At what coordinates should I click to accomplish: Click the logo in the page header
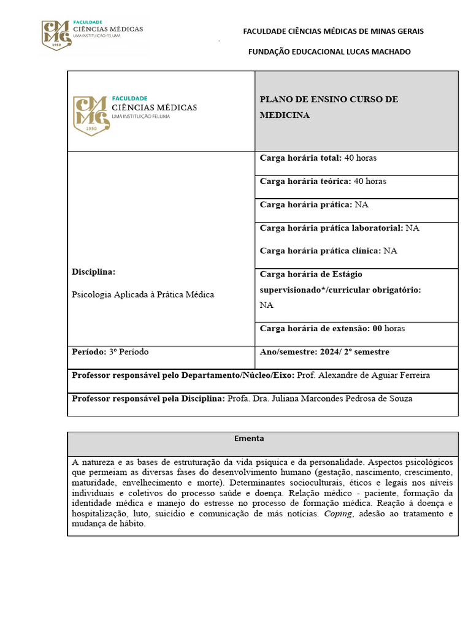(92, 34)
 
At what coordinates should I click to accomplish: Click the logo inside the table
(135, 114)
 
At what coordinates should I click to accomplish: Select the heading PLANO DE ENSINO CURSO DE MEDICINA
(329, 107)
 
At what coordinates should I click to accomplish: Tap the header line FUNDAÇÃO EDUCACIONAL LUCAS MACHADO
(329, 52)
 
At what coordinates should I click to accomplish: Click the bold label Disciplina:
(93, 272)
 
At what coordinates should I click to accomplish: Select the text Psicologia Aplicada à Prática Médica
(143, 294)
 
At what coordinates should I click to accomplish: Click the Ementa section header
(249, 439)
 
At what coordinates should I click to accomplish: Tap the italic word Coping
(338, 514)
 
